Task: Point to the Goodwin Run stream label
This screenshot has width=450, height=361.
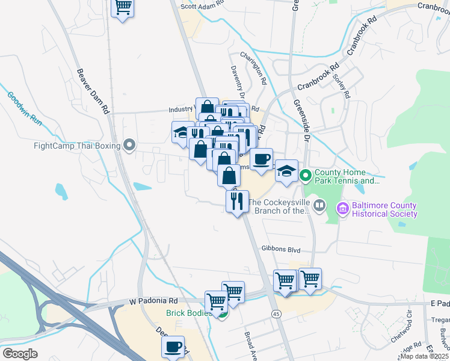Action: coord(25,108)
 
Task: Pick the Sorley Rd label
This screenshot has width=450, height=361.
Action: coord(343,85)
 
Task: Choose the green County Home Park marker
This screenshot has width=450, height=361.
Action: coord(305,176)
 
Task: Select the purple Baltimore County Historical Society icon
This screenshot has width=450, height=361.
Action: coord(343,209)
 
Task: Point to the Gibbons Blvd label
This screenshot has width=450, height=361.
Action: coord(280,248)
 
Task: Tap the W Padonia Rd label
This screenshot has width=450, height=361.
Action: coord(153,300)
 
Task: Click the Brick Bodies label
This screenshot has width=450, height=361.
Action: coord(190,313)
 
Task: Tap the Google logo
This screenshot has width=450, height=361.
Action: coord(20,354)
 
